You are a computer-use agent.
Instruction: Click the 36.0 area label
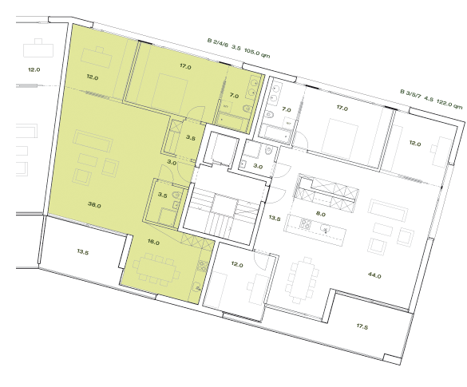[95, 205]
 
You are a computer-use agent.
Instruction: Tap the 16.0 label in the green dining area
[153, 242]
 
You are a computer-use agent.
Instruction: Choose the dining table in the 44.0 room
[303, 276]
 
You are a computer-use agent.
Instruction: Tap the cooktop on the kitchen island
[307, 223]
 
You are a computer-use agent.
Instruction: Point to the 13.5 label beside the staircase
[274, 218]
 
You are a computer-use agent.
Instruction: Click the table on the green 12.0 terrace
[101, 57]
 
